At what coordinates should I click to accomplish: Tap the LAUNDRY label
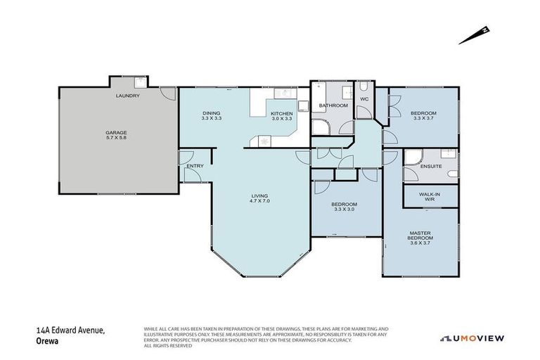pyautogui.click(x=127, y=96)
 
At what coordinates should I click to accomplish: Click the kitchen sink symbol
pyautogui.click(x=286, y=94)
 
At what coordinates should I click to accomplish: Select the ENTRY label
pyautogui.click(x=194, y=166)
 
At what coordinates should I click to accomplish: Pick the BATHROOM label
pyautogui.click(x=333, y=105)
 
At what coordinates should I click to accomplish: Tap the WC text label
pyautogui.click(x=364, y=99)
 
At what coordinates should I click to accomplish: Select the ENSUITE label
pyautogui.click(x=430, y=166)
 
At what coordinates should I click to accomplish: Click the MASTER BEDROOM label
pyautogui.click(x=421, y=236)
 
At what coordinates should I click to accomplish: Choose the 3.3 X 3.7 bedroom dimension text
pyautogui.click(x=424, y=119)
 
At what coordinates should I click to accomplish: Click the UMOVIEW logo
pyautogui.click(x=472, y=338)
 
